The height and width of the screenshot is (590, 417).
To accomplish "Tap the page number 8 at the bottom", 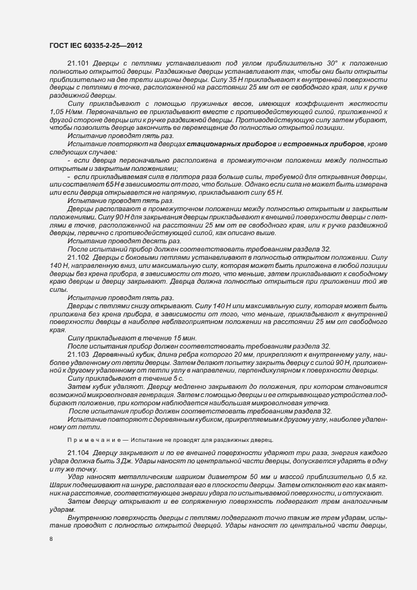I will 50,538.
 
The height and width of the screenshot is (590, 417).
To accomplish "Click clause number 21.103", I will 78,354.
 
